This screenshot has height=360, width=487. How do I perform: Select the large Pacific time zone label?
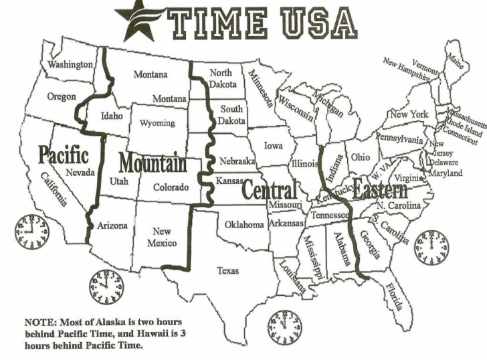64,155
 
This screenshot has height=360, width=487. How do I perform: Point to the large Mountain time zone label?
152,163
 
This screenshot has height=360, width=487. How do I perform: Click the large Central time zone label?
268,189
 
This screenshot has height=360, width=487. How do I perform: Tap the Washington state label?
70,64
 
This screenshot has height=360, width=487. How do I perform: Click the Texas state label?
228,270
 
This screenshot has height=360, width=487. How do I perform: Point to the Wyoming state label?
157,123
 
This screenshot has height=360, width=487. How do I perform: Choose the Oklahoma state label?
244,225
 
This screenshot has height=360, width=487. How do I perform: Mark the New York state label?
409,114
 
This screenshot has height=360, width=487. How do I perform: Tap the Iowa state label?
272,145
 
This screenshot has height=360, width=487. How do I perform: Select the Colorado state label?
171,188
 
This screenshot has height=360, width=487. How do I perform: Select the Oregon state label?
61,96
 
